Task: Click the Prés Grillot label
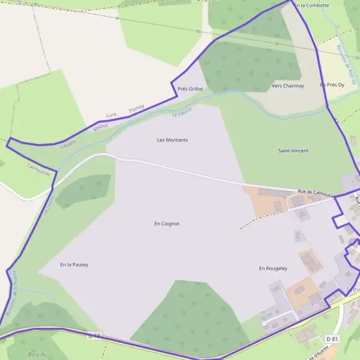(190, 89)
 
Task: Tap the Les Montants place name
(172, 140)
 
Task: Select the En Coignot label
(167, 224)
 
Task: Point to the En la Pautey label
(74, 264)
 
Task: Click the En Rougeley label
(273, 268)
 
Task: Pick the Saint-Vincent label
(293, 151)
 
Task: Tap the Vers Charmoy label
(287, 86)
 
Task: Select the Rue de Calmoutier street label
(316, 192)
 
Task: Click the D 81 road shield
(334, 340)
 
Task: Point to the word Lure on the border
(111, 115)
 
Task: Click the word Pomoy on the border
(136, 109)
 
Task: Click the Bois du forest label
(38, 355)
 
